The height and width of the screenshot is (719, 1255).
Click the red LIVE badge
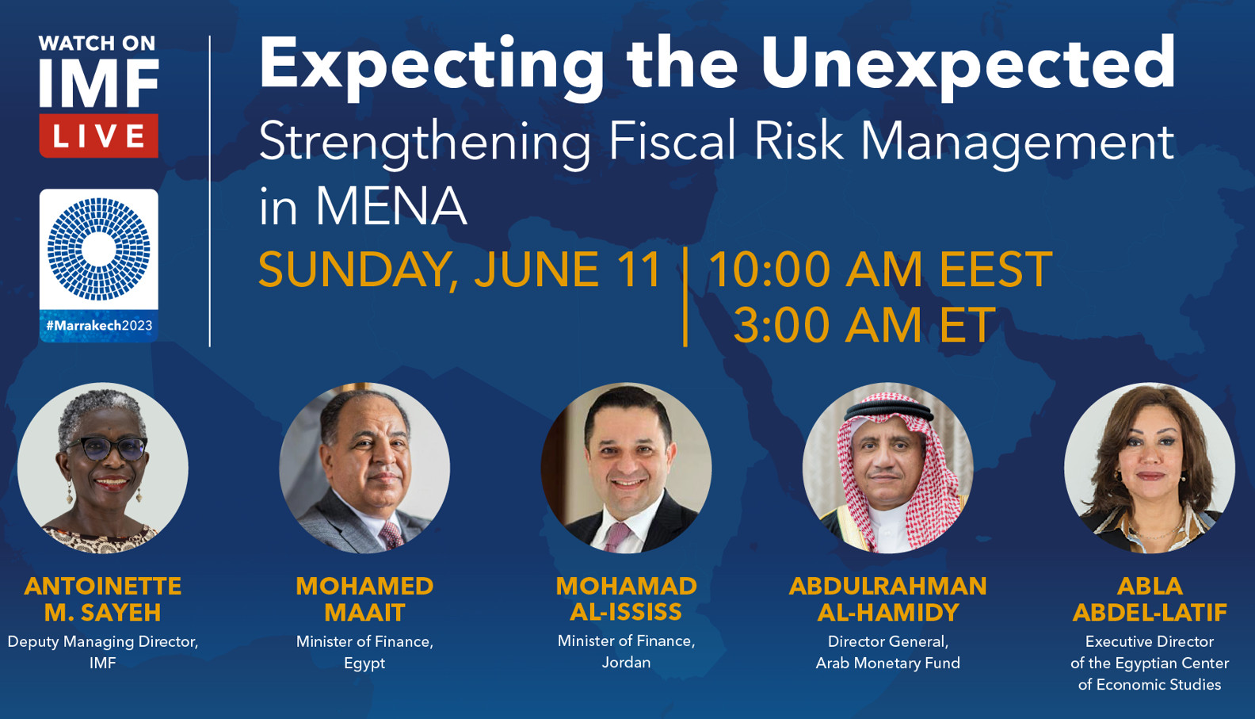98,136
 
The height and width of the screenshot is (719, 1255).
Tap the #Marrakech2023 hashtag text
99,326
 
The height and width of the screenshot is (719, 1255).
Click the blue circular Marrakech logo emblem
98,249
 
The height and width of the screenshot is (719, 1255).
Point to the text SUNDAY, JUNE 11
460,270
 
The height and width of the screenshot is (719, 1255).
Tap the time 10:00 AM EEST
881,270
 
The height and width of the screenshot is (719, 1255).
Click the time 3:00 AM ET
864,325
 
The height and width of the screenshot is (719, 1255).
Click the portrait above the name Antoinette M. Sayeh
103,468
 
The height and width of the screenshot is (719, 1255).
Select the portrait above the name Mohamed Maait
364,468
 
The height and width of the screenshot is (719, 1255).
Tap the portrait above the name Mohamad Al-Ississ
627,468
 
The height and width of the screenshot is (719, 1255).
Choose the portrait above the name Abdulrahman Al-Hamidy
888,468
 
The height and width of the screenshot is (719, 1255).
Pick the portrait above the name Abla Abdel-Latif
1150,468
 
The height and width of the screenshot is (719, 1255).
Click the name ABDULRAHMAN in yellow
888,586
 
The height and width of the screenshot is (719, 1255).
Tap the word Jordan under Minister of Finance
627,663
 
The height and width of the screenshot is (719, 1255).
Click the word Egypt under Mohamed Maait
364,664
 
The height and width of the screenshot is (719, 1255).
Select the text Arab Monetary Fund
888,663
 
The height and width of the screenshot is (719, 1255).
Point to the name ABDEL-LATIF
1150,613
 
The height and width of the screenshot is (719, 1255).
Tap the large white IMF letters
99,83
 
